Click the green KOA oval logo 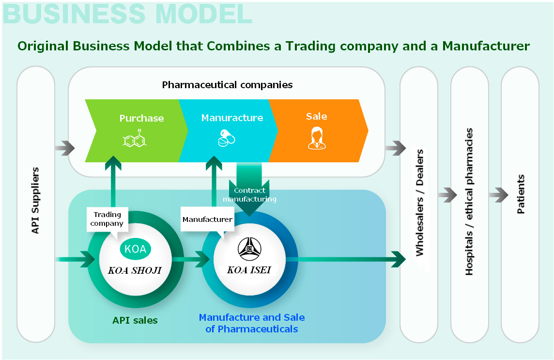click(x=135, y=249)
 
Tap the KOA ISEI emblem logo click(x=249, y=249)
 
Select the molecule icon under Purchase click(x=135, y=139)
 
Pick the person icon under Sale click(x=317, y=138)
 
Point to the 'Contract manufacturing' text click(x=249, y=195)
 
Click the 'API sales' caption click(x=135, y=320)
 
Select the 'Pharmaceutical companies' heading click(x=227, y=85)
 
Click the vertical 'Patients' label click(x=521, y=194)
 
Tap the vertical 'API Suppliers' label click(x=35, y=201)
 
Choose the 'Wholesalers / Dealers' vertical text click(x=419, y=203)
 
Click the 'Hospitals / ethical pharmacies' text click(x=469, y=202)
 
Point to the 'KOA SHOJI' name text click(x=135, y=270)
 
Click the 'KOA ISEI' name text click(x=249, y=270)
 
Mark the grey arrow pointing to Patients click(x=498, y=195)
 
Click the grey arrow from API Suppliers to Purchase click(x=65, y=148)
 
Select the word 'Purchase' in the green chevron click(x=142, y=118)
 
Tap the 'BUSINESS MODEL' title click(x=127, y=14)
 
